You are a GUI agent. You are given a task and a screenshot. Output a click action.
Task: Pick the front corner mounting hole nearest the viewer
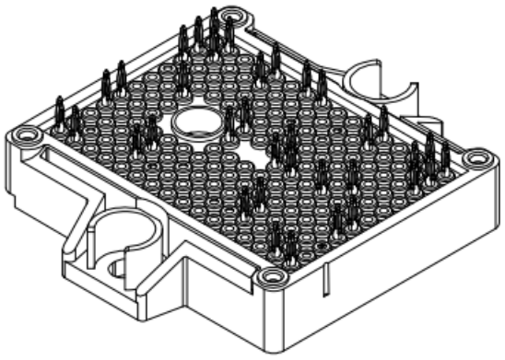[x=268, y=276]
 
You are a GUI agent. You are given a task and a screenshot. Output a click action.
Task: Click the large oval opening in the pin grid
[x=194, y=122]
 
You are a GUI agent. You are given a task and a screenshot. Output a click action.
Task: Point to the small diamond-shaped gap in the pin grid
[x=261, y=149]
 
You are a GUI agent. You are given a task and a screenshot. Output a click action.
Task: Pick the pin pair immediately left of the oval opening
[x=144, y=134]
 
